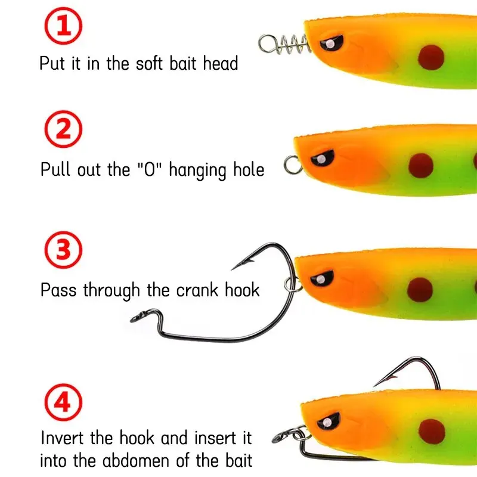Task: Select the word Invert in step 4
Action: pos(66,438)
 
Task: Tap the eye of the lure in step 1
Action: pos(330,44)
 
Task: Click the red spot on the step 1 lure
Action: pos(432,58)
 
